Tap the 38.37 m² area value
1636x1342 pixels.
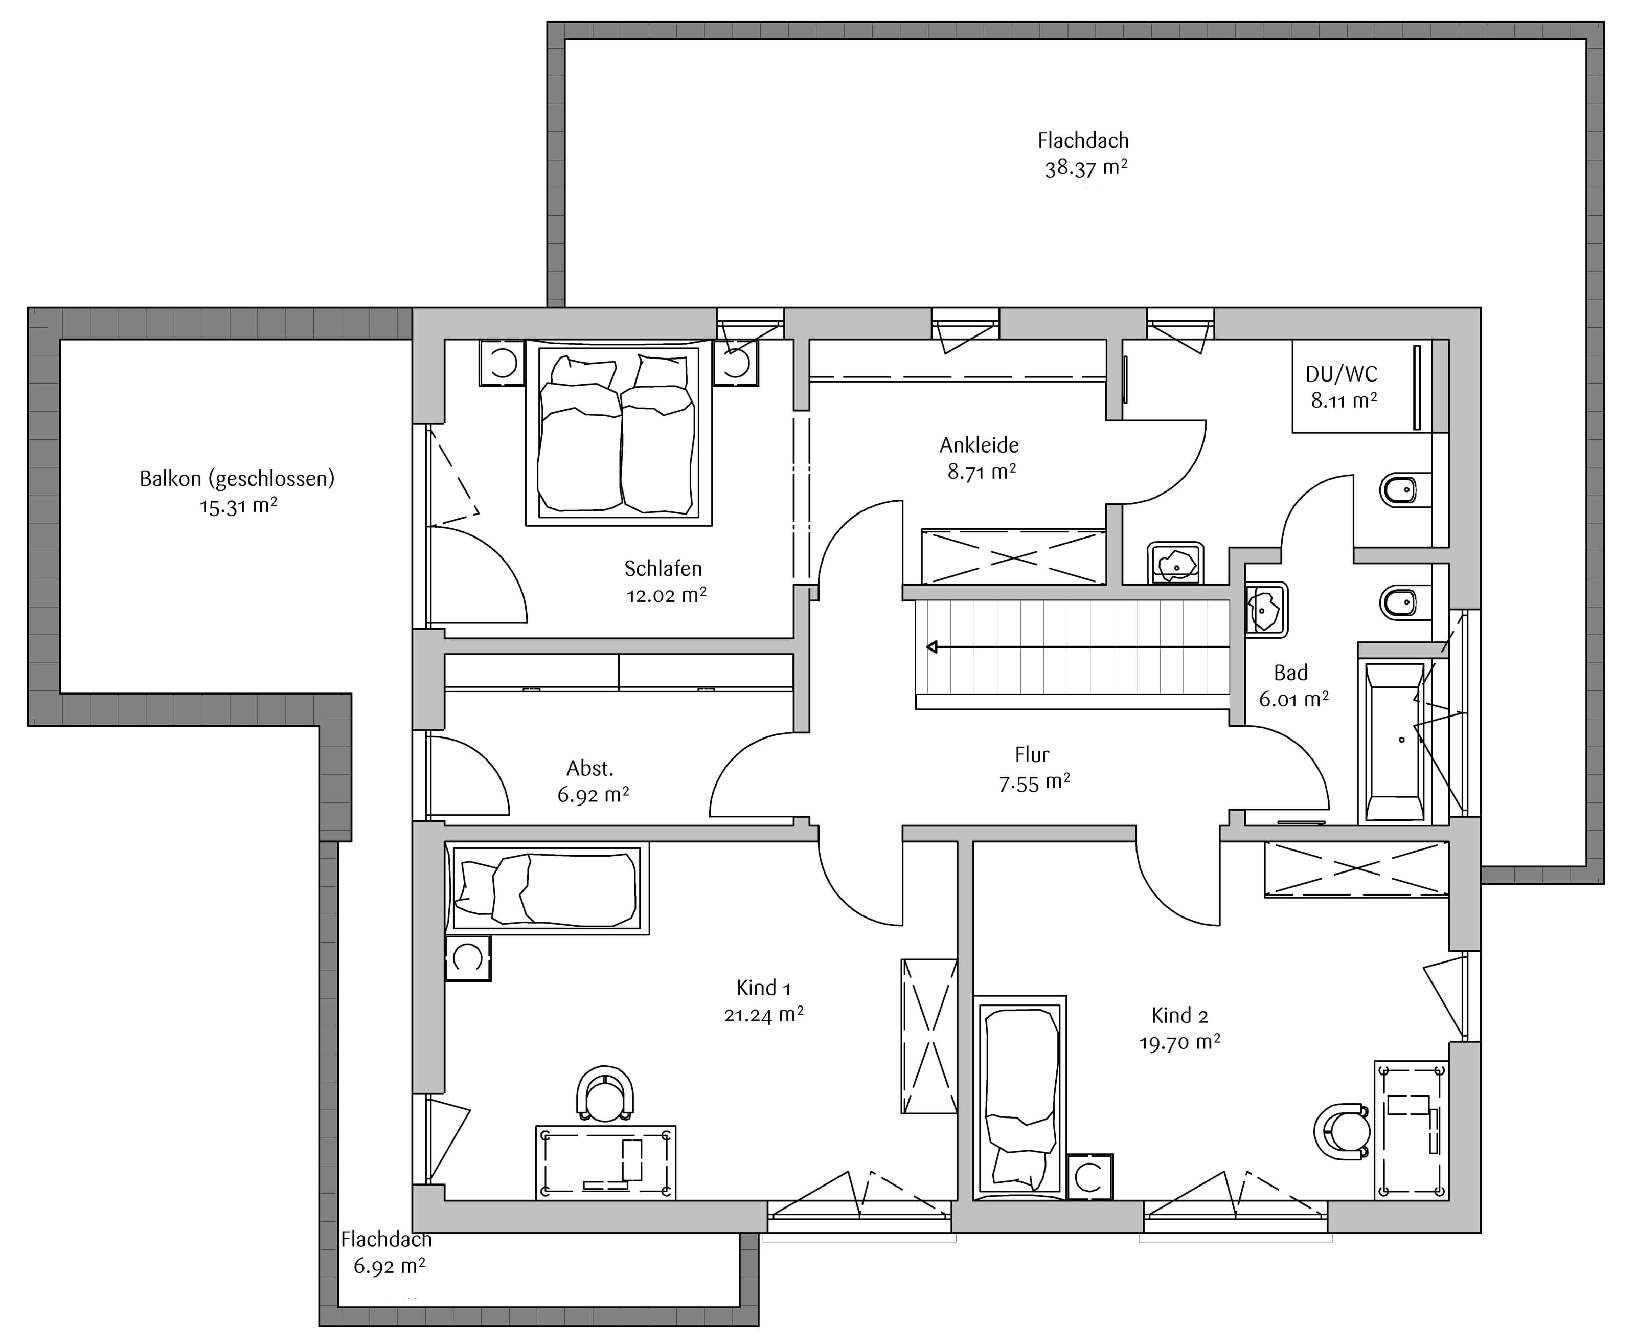1086,168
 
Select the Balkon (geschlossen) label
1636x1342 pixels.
237,479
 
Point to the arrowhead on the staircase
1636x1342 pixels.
933,646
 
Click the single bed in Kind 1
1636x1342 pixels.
547,888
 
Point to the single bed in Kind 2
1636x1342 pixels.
1020,1098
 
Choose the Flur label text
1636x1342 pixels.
1032,754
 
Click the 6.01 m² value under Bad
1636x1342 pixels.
1293,699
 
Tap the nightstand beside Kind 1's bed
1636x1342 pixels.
468,958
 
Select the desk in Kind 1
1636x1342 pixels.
606,1162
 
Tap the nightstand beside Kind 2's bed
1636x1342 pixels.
1089,1177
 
